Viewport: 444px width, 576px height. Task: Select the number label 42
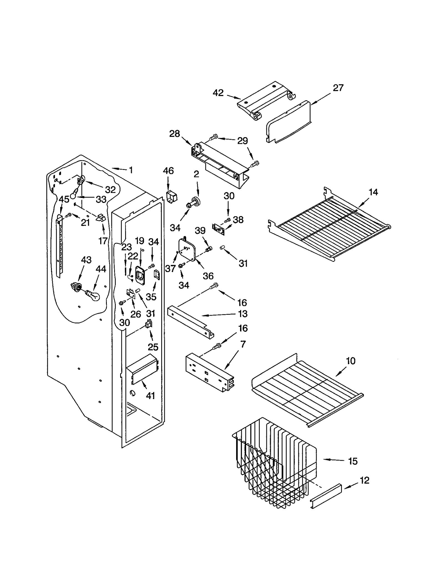pyautogui.click(x=218, y=93)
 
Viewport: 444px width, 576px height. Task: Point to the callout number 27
pyautogui.click(x=338, y=88)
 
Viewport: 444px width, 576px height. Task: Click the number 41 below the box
pyautogui.click(x=150, y=396)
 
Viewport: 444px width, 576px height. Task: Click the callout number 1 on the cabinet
pyautogui.click(x=131, y=170)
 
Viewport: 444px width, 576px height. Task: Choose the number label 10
pyautogui.click(x=350, y=361)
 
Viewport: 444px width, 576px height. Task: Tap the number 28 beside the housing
pyautogui.click(x=175, y=134)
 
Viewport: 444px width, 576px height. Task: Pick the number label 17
pyautogui.click(x=103, y=241)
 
